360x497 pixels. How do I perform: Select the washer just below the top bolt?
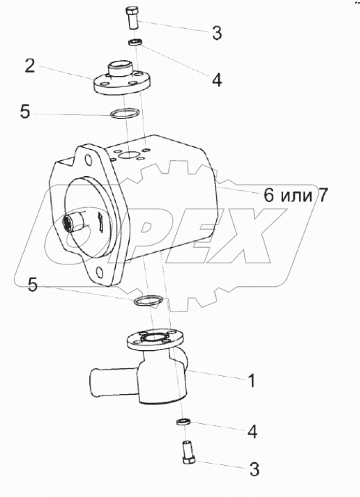point(135,42)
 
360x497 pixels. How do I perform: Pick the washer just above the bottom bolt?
point(183,422)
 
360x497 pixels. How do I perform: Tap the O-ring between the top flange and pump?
point(125,113)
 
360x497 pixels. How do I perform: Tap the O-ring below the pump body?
point(148,301)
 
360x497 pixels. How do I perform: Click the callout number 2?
point(30,67)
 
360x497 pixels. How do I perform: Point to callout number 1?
point(251,380)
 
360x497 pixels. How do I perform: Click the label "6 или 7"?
point(295,195)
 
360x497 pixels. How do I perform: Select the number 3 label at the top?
point(217,33)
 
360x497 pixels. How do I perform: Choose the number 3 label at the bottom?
point(254,469)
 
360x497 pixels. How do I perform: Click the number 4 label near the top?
point(217,80)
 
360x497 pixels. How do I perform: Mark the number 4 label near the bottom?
point(252,431)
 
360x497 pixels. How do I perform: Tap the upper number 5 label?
point(25,112)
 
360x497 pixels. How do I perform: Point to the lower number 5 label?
point(33,285)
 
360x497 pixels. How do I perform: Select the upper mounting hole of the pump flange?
point(88,160)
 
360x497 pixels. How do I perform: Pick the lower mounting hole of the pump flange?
point(100,272)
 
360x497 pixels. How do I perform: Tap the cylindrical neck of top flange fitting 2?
point(121,69)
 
